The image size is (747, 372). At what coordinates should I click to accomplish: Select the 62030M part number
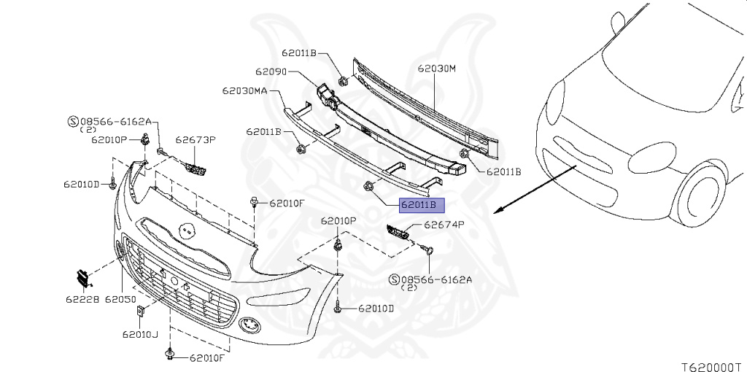coord(437,69)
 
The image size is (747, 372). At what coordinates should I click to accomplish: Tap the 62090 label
coord(271,72)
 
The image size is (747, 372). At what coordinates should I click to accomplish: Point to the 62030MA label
coord(244,90)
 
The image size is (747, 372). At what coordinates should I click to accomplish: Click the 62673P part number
coord(196,139)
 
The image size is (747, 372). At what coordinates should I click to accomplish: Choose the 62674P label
coord(444,225)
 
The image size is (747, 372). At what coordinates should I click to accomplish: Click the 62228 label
coord(82,300)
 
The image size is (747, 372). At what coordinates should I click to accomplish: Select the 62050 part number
coord(120,300)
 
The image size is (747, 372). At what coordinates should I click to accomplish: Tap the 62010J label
coord(140,334)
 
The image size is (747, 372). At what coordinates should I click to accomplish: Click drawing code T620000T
coord(713,367)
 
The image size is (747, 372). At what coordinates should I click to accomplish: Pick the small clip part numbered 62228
coord(83,278)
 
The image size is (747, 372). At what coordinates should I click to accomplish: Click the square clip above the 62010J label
coord(141,311)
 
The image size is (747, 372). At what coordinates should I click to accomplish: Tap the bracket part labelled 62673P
coord(196,168)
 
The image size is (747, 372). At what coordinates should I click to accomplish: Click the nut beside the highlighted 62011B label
coord(368,185)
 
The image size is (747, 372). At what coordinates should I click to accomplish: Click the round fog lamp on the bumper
coord(249,325)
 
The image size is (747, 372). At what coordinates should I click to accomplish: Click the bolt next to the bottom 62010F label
coord(169,354)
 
